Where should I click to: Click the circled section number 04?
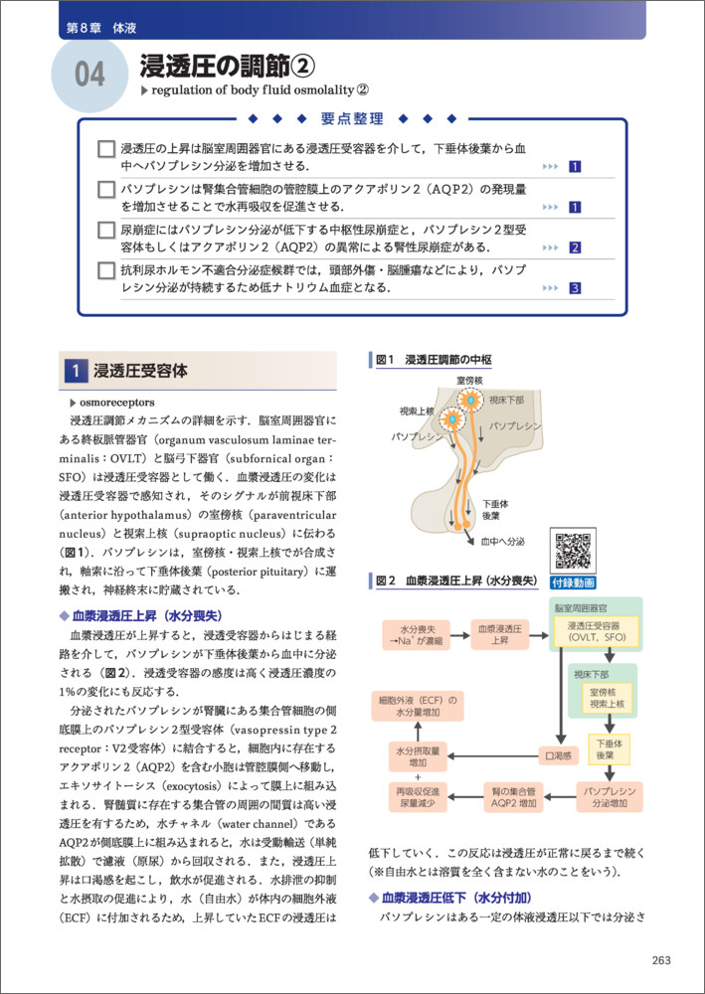pos(89,75)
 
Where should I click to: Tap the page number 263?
pos(661,959)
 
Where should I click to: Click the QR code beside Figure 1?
pos(575,552)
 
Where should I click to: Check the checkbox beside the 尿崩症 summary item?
pos(107,233)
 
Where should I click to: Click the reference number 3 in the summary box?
pos(575,288)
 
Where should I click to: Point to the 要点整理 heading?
pos(352,119)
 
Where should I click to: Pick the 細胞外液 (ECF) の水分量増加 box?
pos(418,707)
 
